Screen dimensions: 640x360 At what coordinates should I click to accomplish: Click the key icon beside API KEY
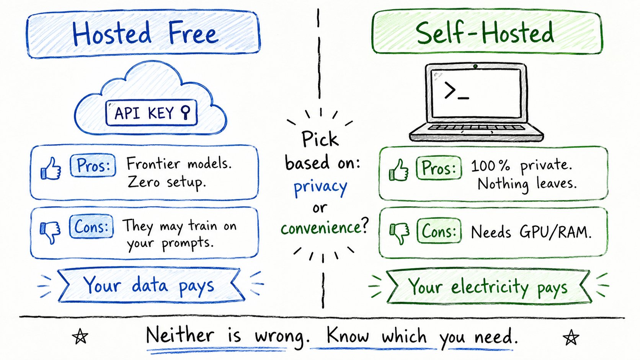(186, 112)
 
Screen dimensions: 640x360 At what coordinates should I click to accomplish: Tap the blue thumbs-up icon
(51, 169)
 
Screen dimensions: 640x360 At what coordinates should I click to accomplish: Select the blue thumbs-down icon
(50, 232)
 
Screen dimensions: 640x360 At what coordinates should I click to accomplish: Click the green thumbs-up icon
(399, 170)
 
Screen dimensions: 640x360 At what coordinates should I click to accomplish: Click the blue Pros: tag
(93, 166)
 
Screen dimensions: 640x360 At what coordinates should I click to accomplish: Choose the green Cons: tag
(439, 231)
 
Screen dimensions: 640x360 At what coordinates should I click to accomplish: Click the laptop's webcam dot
(475, 66)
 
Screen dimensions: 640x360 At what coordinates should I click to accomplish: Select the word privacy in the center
(320, 187)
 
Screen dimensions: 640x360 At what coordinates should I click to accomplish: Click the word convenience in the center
(320, 228)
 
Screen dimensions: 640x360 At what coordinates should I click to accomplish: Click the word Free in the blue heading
(193, 33)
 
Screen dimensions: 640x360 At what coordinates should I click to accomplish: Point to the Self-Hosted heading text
(485, 33)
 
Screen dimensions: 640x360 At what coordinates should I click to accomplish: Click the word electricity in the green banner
(490, 287)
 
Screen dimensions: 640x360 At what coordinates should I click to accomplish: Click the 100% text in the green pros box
(490, 166)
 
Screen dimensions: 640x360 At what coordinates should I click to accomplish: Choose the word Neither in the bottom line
(180, 335)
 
